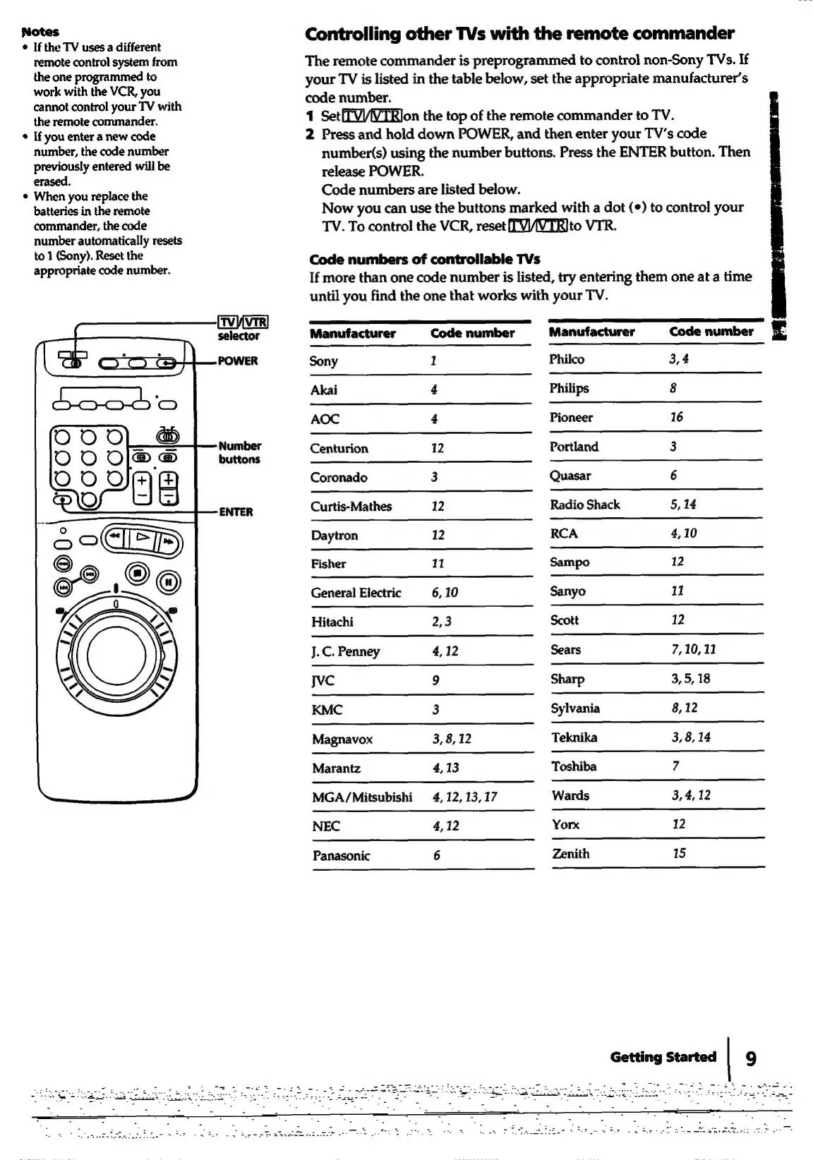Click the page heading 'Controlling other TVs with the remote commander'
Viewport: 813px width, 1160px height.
point(519,34)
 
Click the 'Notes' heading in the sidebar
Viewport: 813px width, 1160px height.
point(40,32)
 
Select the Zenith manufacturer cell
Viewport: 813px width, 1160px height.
point(570,854)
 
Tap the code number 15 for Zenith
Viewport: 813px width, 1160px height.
point(679,853)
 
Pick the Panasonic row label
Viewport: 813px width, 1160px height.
point(341,856)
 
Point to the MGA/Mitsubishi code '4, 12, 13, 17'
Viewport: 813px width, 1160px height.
point(464,797)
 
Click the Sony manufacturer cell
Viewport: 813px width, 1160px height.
point(324,361)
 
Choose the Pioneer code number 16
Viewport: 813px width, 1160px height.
point(676,417)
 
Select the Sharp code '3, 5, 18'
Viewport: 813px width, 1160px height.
point(691,679)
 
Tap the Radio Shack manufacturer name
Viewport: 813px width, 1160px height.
point(585,505)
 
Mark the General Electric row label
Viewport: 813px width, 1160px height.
point(356,593)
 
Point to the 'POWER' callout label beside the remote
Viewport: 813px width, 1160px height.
point(238,361)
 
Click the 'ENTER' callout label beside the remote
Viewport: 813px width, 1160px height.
point(236,512)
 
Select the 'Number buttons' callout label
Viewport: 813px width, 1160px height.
point(239,452)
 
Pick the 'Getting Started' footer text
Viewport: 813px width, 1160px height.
point(663,1057)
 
